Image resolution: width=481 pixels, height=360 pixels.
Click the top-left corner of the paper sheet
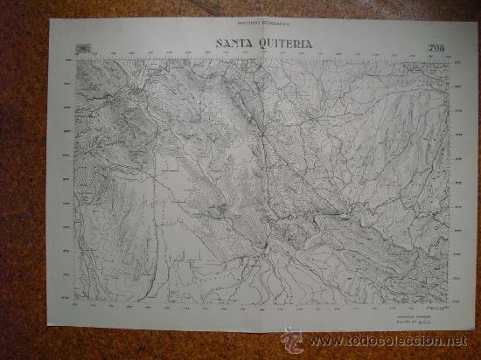[51, 18]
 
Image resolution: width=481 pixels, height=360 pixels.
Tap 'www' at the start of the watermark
[318, 341]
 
